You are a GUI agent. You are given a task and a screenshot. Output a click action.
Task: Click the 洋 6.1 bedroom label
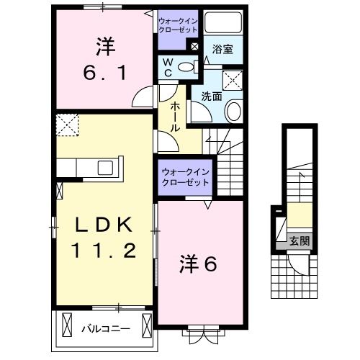click(102, 60)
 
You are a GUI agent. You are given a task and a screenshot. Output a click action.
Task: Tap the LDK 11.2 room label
click(104, 238)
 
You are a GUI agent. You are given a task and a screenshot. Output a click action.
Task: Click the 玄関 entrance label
click(300, 240)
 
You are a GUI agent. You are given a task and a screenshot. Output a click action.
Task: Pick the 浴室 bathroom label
click(222, 49)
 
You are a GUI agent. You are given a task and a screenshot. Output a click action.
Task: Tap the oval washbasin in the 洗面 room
click(234, 111)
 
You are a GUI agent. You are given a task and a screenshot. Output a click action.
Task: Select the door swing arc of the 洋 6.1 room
click(145, 96)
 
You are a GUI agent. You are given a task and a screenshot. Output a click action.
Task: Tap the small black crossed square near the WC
click(194, 46)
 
